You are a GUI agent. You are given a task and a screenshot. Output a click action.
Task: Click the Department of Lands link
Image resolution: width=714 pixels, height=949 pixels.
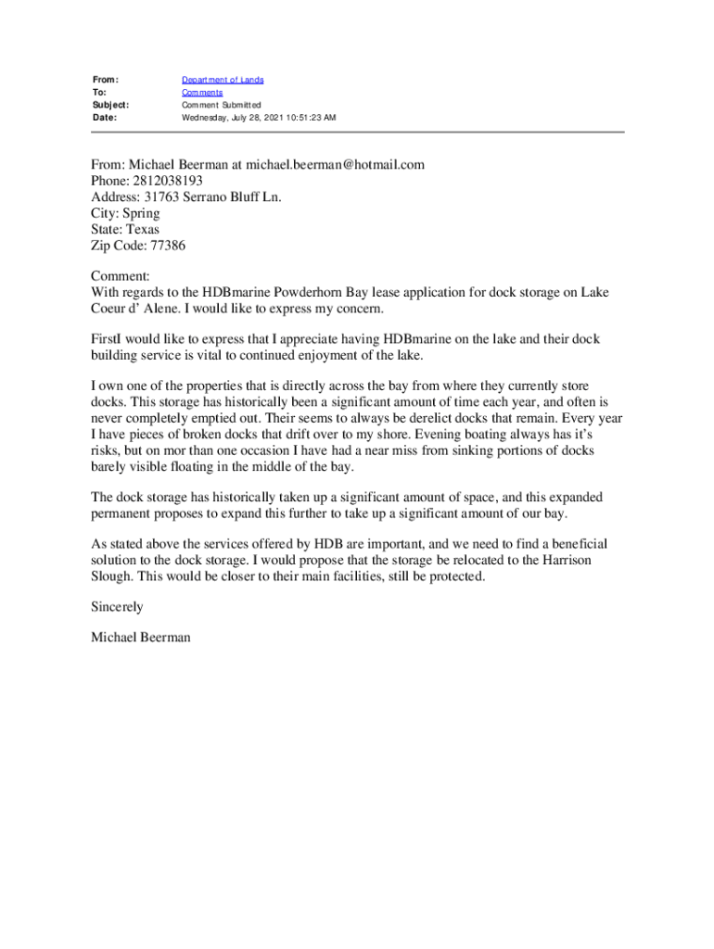coord(223,81)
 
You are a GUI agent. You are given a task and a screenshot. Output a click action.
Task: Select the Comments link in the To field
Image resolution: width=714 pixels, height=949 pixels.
coord(201,93)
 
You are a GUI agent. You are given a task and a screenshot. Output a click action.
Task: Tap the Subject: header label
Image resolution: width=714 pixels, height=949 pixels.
coord(110,106)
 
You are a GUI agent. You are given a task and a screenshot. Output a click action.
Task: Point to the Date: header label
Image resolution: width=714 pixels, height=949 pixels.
coord(105,119)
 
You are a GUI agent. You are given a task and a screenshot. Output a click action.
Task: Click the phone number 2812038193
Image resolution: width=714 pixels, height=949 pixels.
coord(169,181)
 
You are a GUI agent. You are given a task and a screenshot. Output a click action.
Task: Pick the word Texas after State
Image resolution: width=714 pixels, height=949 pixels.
coord(142,229)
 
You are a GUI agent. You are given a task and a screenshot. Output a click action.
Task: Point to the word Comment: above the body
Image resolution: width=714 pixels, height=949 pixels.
coord(120,277)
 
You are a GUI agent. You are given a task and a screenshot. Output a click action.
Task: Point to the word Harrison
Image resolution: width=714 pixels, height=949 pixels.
coord(567,561)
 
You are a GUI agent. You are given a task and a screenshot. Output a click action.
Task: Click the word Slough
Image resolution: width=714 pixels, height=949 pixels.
coord(113,576)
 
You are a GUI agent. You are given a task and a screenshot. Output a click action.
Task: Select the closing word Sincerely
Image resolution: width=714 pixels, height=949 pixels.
coord(117,607)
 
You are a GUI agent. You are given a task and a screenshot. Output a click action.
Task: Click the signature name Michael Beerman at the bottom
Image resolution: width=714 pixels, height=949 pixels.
coord(141,638)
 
